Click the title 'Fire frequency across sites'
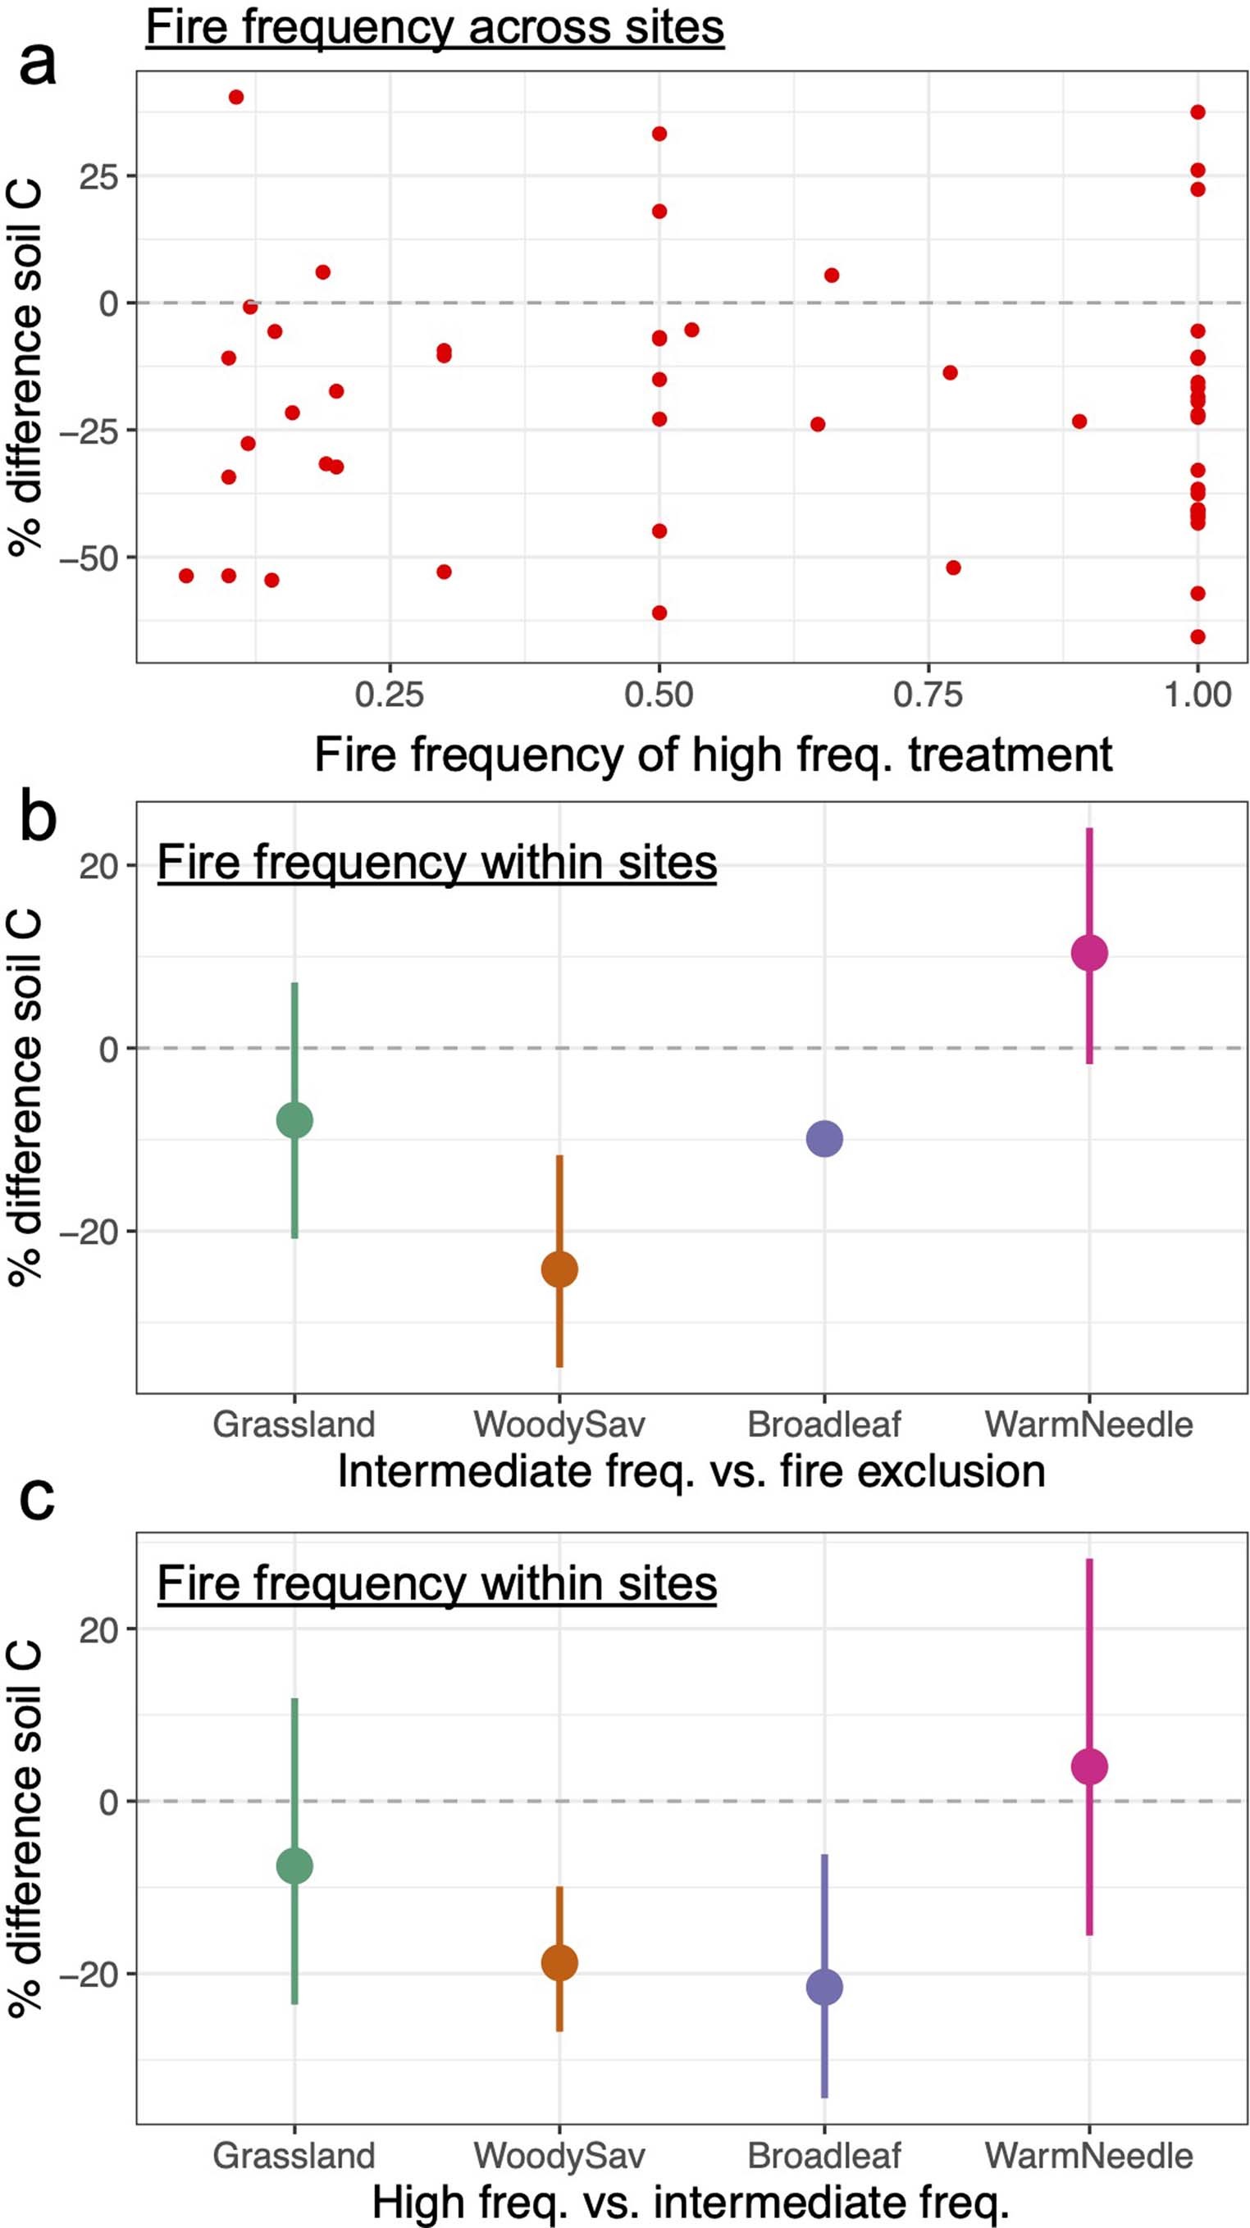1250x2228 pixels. click(434, 27)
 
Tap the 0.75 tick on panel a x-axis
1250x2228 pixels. click(928, 695)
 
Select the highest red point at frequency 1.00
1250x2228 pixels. click(1198, 112)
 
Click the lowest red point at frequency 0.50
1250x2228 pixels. click(659, 613)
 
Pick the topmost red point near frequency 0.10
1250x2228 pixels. click(236, 97)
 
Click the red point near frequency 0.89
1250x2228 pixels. click(1079, 422)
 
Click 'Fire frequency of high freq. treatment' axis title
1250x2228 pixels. click(712, 754)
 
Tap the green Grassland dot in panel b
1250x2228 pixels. click(294, 1120)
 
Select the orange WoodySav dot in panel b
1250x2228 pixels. click(559, 1269)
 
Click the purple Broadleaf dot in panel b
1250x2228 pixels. click(824, 1139)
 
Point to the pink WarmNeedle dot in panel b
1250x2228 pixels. click(1089, 953)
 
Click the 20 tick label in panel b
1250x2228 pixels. click(98, 866)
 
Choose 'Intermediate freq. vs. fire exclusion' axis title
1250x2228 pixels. click(691, 1470)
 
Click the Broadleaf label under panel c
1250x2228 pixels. click(823, 2155)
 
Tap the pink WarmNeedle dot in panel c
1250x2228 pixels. click(1089, 1767)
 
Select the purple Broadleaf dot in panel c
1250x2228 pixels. click(824, 1988)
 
